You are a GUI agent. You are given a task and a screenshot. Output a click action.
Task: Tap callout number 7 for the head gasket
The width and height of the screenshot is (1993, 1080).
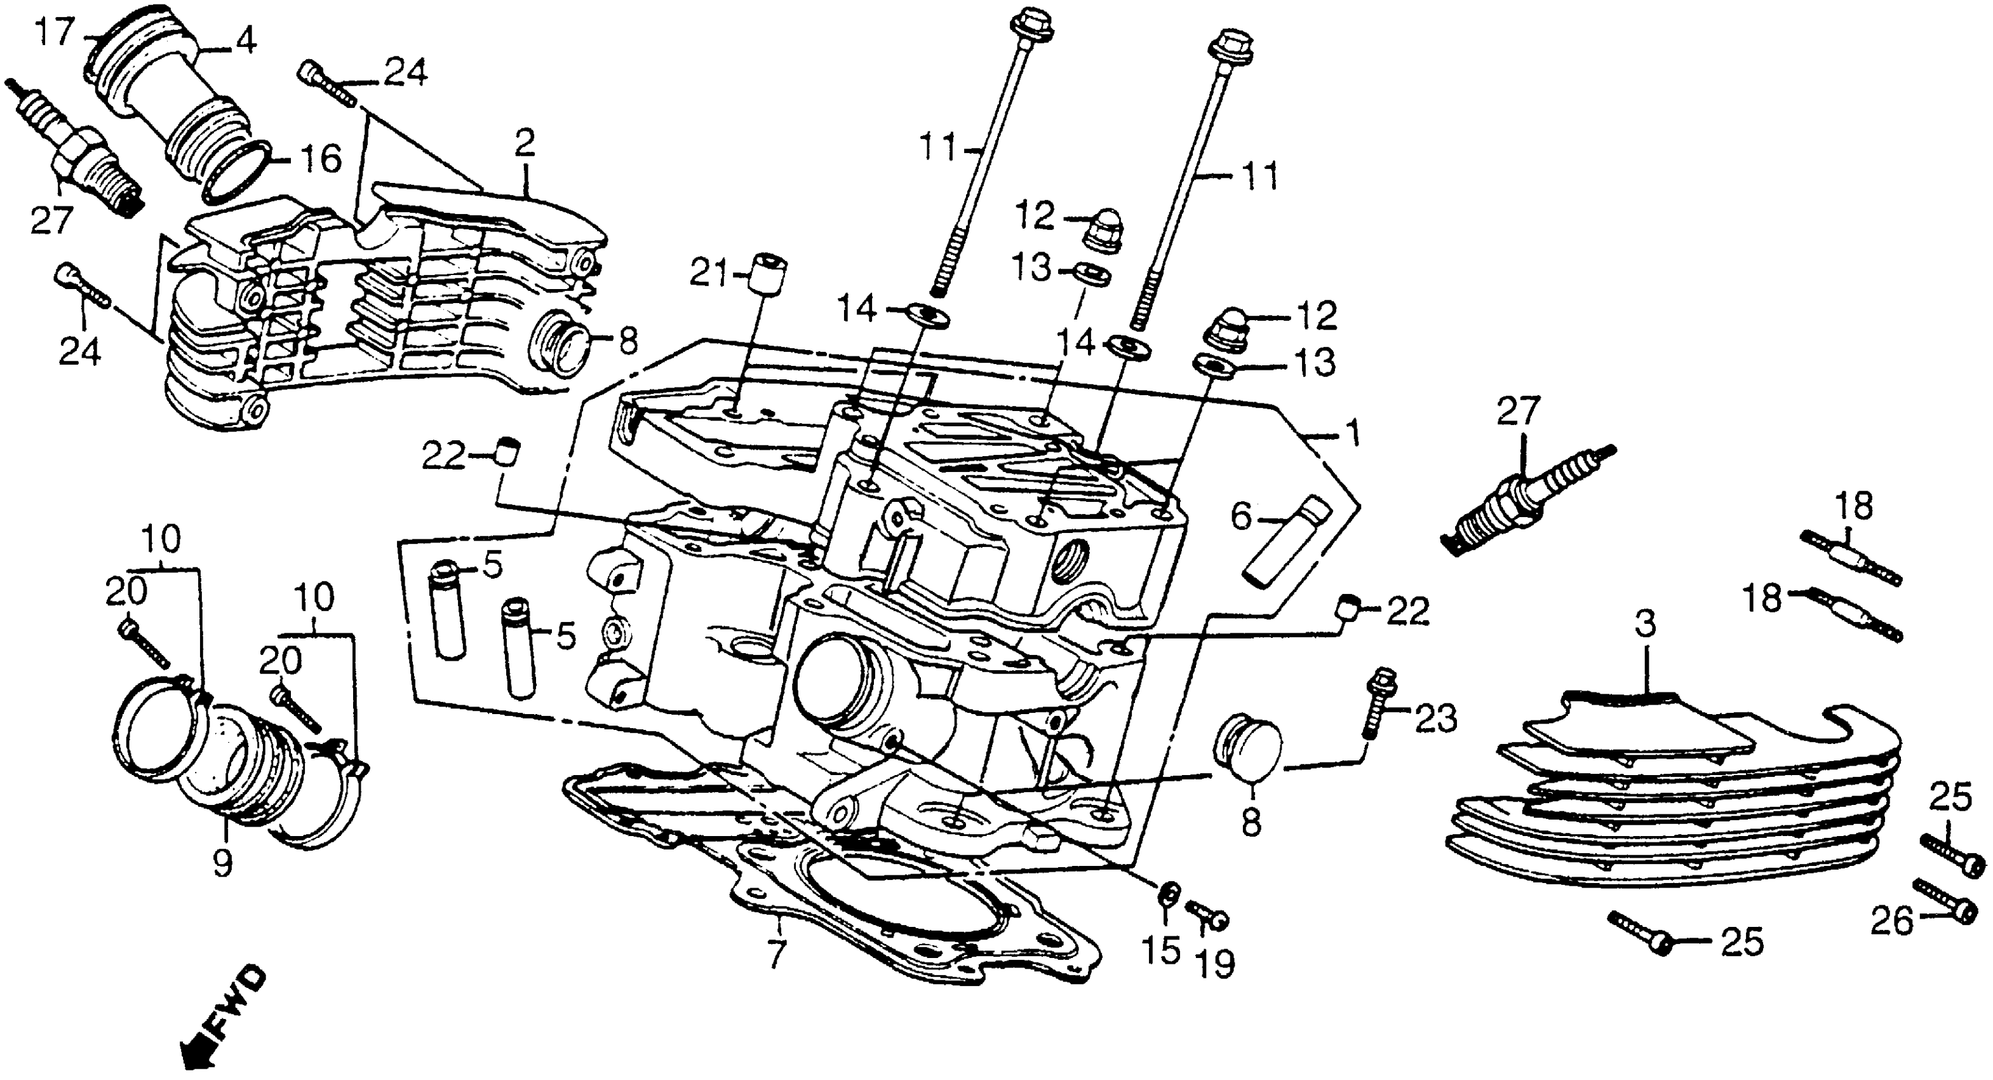[x=775, y=955]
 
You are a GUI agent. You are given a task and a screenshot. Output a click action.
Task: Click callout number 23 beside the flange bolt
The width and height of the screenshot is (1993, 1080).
[x=1437, y=719]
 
